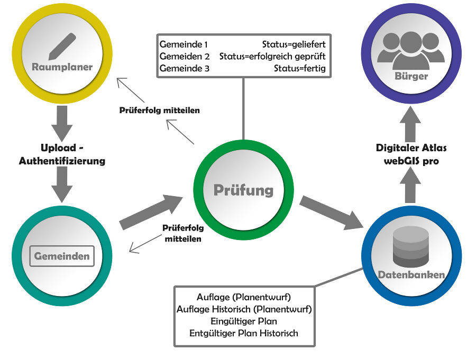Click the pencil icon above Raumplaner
62,46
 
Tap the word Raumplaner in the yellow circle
62,67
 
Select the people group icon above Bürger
411,50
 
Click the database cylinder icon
411,246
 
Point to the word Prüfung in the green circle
243,190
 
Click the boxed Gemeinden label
62,256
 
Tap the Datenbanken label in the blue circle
411,275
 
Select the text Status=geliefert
294,44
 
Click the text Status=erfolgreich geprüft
272,57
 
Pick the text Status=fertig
300,68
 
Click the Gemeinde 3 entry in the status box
185,68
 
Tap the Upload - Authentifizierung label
62,154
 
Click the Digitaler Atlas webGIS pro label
411,154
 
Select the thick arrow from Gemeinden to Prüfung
151,212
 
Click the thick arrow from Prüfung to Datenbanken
332,213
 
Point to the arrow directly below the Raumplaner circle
62,123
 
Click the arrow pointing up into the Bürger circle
410,124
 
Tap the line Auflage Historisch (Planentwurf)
244,309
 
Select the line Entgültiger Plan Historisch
244,333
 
